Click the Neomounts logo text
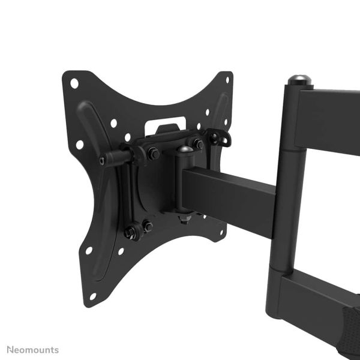33,349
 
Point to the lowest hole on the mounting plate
93,296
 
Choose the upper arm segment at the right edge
330,120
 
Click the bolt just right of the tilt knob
152,154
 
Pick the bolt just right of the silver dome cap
198,144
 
